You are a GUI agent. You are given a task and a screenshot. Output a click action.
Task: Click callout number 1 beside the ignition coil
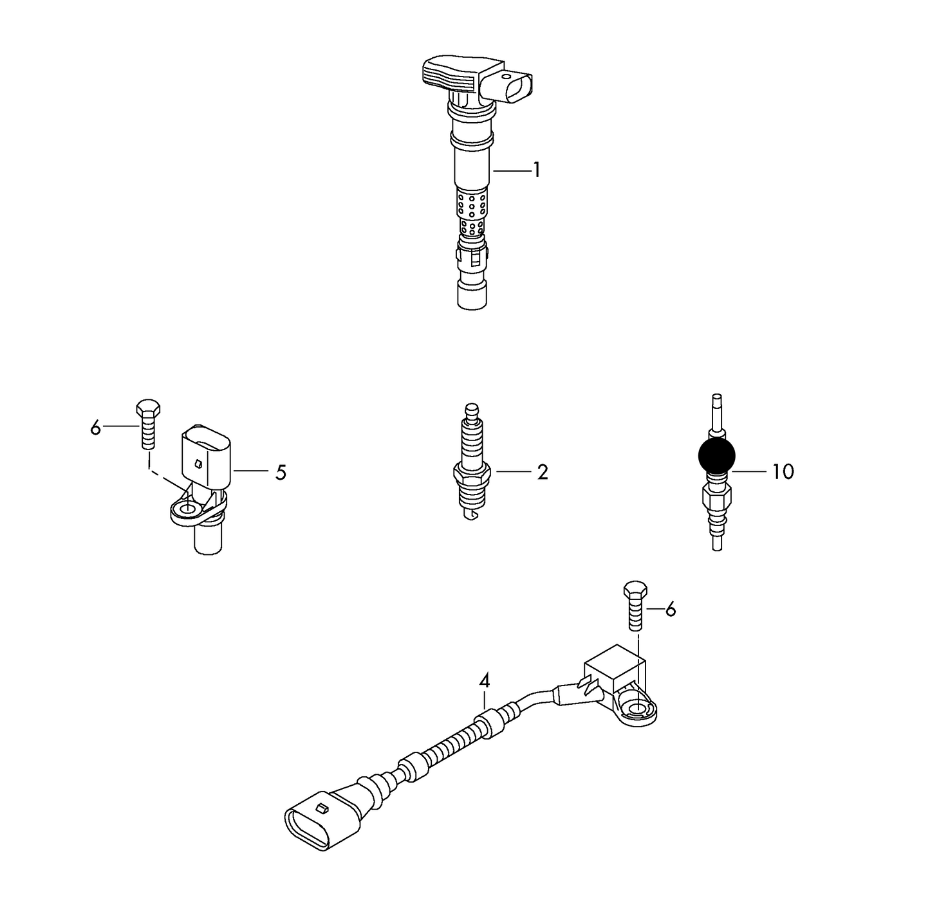536,170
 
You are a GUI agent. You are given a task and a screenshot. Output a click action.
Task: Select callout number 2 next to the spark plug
542,472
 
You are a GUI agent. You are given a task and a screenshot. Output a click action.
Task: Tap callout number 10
783,472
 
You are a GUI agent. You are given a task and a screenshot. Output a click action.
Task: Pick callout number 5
281,472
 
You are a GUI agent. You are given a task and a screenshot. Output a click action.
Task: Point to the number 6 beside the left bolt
96,427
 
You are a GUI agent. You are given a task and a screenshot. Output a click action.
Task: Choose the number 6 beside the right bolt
671,609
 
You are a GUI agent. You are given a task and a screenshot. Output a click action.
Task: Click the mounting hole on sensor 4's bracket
637,710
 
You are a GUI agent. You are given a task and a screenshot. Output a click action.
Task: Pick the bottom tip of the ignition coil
472,296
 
